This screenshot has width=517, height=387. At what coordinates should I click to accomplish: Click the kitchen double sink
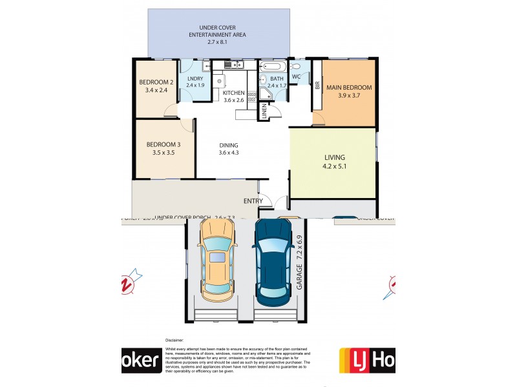point(232,64)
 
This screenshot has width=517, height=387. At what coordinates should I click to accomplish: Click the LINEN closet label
point(265,112)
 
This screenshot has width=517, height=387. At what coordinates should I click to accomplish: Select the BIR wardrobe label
point(317,85)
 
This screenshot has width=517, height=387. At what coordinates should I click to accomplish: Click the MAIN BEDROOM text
point(349,87)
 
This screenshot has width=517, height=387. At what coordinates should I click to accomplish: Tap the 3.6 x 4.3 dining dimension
point(229,154)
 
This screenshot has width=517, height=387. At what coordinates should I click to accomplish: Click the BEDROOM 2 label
point(156,82)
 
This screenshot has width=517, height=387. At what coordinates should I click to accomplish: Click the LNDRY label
point(195,78)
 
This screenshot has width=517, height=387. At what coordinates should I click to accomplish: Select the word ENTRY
point(253,201)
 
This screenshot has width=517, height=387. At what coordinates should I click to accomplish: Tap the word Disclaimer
point(175,339)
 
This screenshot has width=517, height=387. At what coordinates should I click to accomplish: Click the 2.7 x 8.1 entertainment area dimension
point(218,42)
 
